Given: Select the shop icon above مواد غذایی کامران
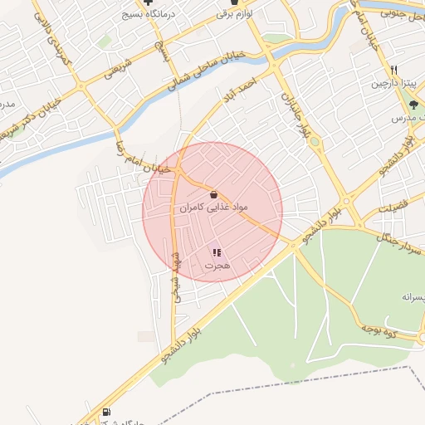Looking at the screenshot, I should click(x=214, y=193).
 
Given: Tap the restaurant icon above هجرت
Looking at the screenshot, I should click(x=217, y=252).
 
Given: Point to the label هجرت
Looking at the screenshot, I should click(x=217, y=266).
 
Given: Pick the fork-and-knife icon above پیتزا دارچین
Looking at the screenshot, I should click(x=395, y=70).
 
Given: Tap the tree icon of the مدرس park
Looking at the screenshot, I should click(x=413, y=105).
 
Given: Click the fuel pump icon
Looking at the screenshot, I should click(x=105, y=413).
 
